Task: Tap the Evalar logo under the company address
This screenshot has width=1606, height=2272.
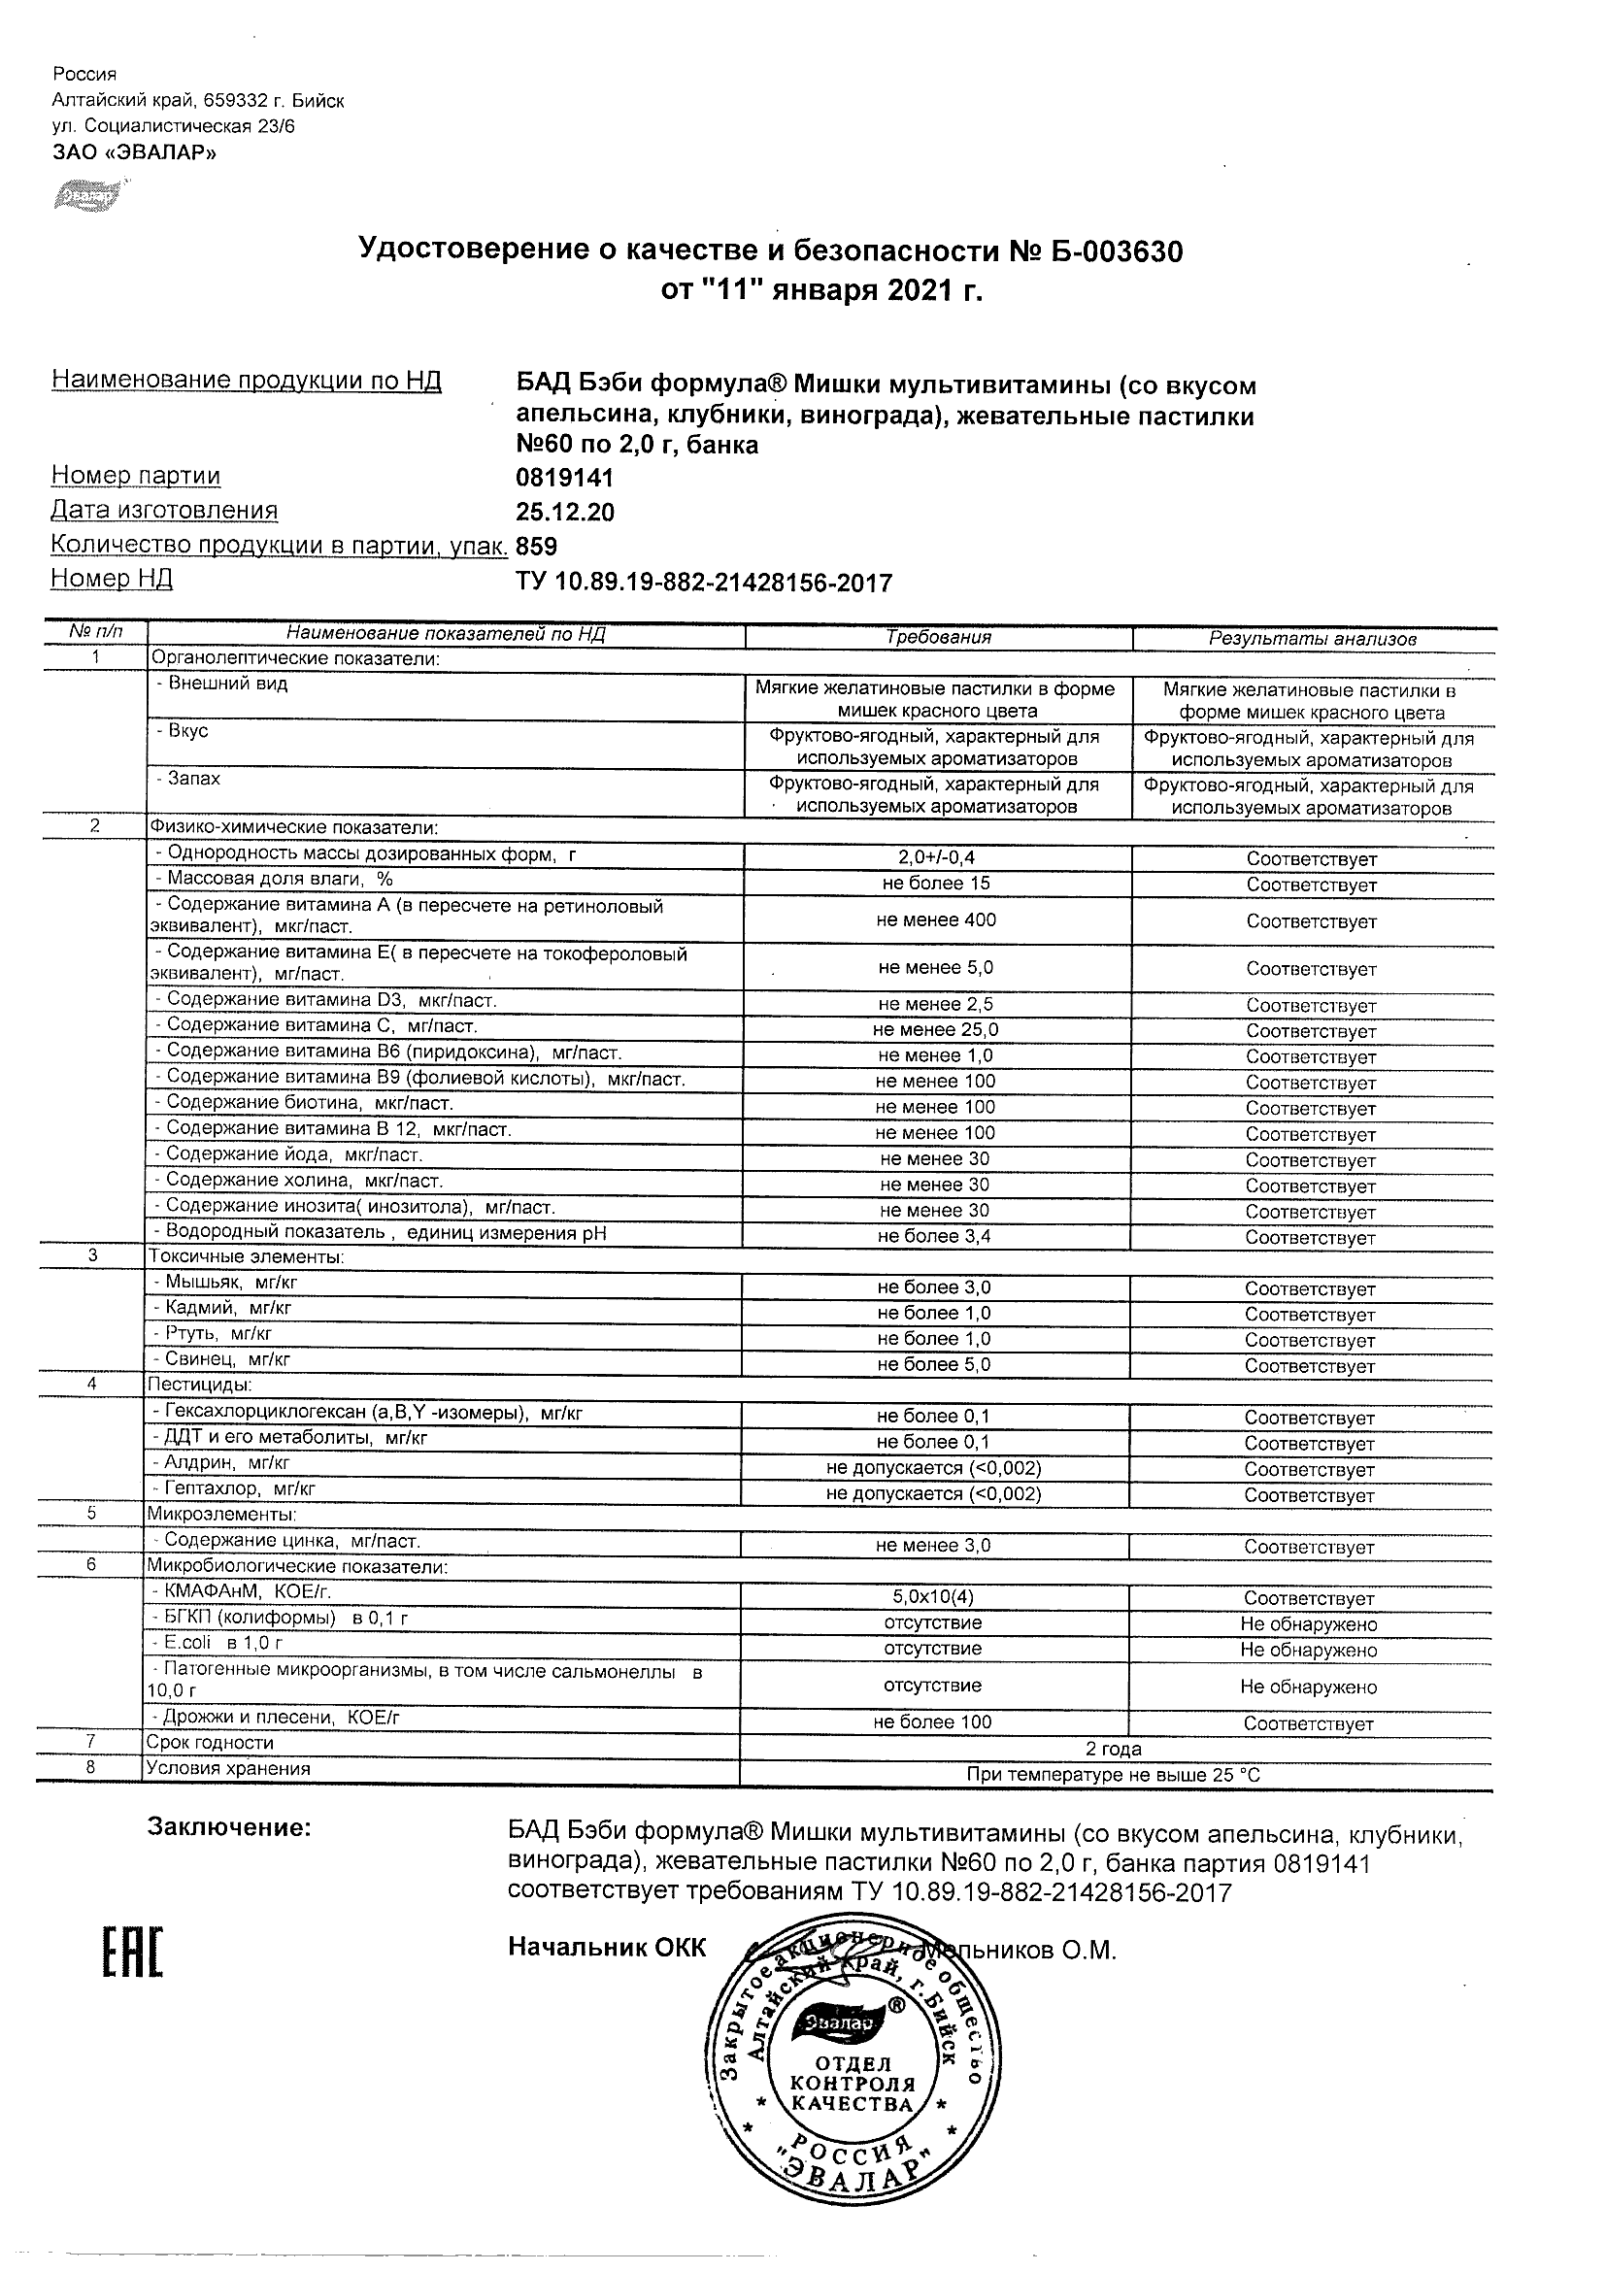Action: tap(87, 196)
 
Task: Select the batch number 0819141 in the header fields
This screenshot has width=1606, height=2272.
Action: tap(564, 478)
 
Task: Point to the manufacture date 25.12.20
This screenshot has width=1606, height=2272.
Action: tap(564, 512)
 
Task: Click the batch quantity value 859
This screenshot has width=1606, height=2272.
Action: tap(536, 547)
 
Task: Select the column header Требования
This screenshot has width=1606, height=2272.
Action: tap(937, 637)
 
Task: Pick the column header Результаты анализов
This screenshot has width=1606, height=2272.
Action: tap(1312, 639)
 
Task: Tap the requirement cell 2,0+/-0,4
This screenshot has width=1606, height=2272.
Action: tap(935, 858)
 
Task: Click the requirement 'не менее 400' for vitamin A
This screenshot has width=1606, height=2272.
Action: tap(936, 920)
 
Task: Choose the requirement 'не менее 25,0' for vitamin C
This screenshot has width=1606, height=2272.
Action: tap(936, 1030)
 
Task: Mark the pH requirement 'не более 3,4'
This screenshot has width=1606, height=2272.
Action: tap(934, 1236)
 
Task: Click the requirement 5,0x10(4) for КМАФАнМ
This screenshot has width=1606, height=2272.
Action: tap(933, 1597)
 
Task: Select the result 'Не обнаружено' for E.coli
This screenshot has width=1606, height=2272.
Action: tap(1308, 1650)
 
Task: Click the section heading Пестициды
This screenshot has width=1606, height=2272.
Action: tap(199, 1385)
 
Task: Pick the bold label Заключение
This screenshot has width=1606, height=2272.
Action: tap(228, 1827)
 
